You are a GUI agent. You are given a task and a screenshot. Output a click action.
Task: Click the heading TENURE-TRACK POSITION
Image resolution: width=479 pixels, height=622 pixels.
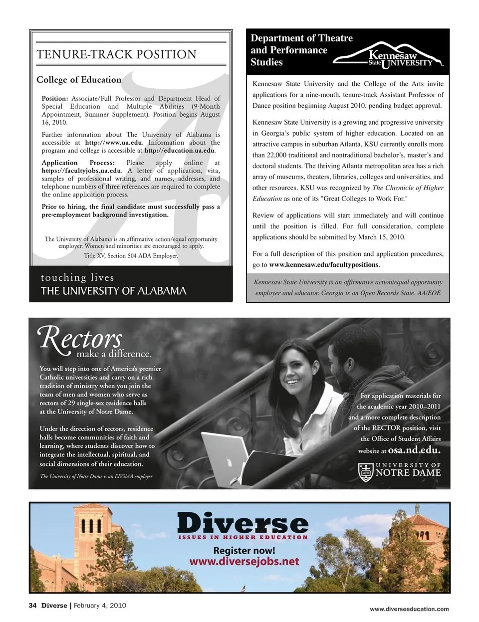coord(117,54)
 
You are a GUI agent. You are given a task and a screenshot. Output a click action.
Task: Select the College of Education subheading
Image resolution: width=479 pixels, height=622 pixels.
coord(79,80)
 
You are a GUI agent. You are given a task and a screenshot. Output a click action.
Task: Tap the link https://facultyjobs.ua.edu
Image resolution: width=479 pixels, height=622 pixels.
coord(82,171)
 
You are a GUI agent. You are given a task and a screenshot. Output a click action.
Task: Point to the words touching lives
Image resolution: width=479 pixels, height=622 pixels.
coord(77,277)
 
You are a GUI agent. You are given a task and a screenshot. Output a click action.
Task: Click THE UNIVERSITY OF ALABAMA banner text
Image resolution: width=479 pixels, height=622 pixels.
coord(113,291)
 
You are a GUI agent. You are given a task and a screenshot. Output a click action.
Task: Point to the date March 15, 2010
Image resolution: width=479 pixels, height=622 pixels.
coord(382,237)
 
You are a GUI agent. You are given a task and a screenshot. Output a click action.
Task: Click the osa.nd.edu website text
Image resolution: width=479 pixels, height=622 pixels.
coord(414,449)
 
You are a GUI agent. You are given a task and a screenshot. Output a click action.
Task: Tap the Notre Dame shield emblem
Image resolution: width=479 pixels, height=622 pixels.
coord(366,472)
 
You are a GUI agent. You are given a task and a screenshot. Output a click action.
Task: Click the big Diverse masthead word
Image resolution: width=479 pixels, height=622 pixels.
coord(243,523)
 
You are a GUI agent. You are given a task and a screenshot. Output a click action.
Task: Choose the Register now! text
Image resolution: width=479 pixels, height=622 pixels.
coord(244,551)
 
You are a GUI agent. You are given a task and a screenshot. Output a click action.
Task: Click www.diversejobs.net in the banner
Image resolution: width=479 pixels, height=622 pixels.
coord(244,562)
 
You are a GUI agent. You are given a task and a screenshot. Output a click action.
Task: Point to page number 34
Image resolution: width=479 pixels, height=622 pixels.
coord(33,606)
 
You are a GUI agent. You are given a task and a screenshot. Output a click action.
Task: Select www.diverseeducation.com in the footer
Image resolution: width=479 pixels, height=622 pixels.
coord(409,609)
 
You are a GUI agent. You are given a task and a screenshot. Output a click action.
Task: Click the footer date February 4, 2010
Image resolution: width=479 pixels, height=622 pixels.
coord(100,606)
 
